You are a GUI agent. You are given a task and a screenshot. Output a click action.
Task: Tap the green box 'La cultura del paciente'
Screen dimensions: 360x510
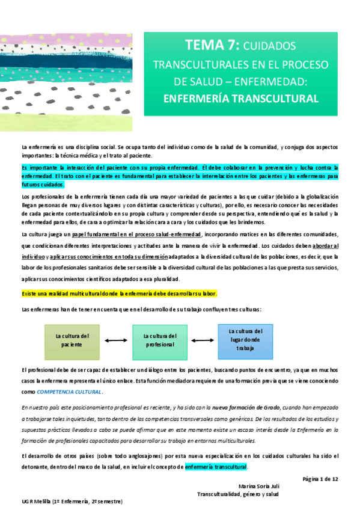point(72,341)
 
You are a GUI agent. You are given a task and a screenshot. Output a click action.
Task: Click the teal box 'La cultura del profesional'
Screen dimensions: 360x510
point(160,341)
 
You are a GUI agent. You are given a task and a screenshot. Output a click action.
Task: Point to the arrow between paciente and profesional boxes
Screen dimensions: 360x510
point(116,342)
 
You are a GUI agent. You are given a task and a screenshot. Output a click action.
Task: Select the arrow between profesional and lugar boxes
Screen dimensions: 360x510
point(203,342)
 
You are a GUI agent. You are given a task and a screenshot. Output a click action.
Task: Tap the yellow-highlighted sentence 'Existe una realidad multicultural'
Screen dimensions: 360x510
point(119,293)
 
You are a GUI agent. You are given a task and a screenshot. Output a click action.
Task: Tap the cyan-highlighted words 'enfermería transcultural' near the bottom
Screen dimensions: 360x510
point(216,467)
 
